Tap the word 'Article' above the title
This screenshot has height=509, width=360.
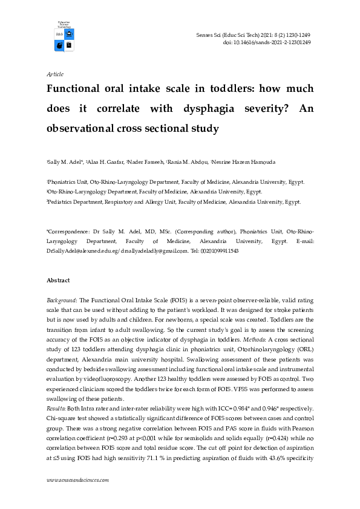pos(55,74)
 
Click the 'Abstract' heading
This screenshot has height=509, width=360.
pos(58,280)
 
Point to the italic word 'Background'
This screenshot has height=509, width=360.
pos(61,300)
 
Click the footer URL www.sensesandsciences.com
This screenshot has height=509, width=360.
pos(77,481)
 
